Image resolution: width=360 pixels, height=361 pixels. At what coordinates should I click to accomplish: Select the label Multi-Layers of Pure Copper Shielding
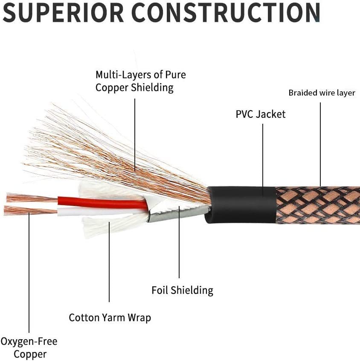point(140,81)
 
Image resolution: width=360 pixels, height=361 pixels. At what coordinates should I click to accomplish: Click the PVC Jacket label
point(261,114)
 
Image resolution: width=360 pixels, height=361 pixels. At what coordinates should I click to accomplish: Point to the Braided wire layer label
point(322,93)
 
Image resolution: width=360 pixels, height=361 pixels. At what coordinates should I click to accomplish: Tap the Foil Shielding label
point(182,291)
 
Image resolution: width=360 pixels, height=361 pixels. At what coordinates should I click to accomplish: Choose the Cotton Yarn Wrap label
point(110,317)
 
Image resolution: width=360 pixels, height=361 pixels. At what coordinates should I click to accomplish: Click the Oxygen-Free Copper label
point(29,347)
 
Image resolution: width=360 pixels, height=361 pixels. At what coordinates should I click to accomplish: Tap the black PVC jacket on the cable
point(239,204)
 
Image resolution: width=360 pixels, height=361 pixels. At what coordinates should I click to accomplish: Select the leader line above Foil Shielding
point(179,247)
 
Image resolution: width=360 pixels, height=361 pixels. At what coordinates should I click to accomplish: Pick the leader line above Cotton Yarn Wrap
point(109,265)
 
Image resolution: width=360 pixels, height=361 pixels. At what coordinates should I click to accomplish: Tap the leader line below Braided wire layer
point(320,141)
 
